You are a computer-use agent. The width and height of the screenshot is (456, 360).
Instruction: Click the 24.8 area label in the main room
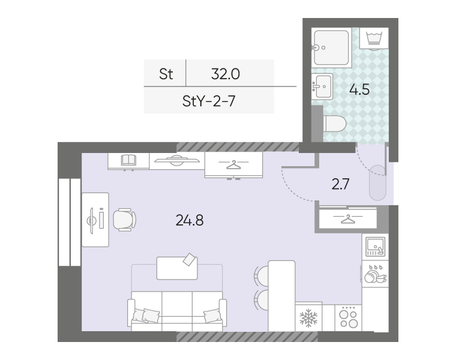point(190,220)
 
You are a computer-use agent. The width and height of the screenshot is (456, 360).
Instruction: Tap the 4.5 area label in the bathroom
point(359,89)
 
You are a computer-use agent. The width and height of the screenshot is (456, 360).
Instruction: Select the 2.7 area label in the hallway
point(340,184)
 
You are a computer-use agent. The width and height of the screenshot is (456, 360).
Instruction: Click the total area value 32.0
point(226,74)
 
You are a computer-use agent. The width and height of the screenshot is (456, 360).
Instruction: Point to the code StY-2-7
point(209,101)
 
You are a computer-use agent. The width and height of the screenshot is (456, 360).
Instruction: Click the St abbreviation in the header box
point(166,74)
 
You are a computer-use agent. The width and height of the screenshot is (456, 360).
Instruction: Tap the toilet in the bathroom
point(334,124)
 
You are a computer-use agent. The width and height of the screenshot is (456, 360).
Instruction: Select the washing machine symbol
point(374,38)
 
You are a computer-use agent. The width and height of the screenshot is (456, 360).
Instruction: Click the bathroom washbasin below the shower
point(322,86)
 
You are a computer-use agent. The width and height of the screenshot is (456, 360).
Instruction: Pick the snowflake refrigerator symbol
point(308,317)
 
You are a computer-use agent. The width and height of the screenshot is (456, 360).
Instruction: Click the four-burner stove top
point(349,318)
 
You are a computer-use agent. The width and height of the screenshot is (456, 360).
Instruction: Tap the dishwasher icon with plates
point(375,274)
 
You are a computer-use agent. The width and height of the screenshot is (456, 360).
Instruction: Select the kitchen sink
point(375,247)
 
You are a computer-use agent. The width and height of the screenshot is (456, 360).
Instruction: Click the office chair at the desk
point(124,220)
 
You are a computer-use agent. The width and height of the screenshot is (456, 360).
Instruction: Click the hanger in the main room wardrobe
point(233,165)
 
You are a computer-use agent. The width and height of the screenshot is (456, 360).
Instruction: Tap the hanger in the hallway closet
point(348,219)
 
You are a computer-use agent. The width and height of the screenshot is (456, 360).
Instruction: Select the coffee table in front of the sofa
point(177,268)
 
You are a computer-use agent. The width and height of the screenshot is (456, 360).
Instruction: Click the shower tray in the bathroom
point(331,47)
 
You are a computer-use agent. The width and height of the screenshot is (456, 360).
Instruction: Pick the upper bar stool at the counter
point(261,276)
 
